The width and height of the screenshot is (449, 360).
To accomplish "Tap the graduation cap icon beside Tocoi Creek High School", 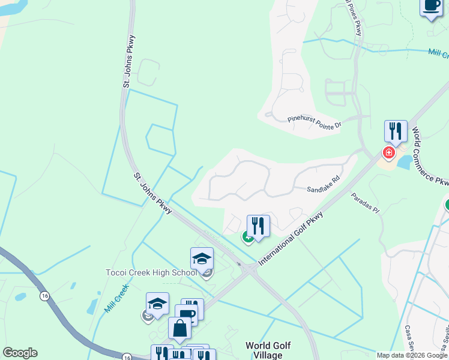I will (202, 259).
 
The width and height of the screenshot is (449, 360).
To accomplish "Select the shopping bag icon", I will (179, 328).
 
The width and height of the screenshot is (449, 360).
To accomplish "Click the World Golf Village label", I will (268, 350).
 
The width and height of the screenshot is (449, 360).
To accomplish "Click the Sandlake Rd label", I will (324, 184).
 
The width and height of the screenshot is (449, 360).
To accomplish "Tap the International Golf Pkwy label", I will (291, 239).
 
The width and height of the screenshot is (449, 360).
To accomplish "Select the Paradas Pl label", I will (366, 203).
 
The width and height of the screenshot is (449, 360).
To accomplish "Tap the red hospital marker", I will (389, 152).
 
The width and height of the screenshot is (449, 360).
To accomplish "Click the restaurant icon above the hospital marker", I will (396, 131).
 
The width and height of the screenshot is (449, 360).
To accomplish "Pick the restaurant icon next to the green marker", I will (258, 226).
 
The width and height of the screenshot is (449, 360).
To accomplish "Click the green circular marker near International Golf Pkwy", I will (247, 237).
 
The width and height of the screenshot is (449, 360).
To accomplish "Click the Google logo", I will (20, 353).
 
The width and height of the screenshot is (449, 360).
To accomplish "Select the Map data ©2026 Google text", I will (411, 355).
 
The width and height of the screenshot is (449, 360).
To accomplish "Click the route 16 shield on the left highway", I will (44, 296).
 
